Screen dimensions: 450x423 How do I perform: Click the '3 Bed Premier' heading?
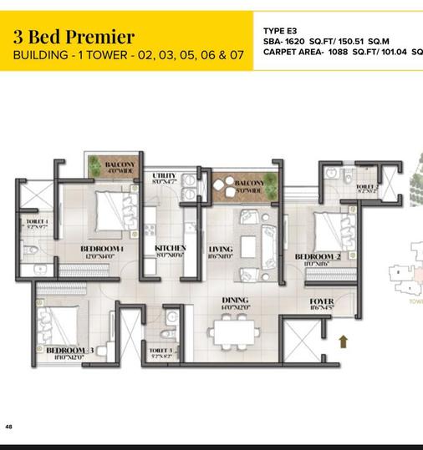coord(74,36)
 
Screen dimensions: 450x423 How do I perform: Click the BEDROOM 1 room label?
coord(102,249)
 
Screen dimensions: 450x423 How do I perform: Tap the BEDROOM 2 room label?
coord(318,256)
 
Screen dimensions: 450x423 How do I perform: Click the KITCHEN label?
coord(171,249)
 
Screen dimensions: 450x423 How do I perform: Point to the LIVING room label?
coord(221,249)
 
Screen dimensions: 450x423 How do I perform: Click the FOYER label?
coord(322,301)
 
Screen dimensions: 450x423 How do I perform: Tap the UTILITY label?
coord(165,175)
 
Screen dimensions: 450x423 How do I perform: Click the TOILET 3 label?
coord(161,350)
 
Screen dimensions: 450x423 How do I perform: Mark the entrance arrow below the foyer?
coord(341,340)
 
